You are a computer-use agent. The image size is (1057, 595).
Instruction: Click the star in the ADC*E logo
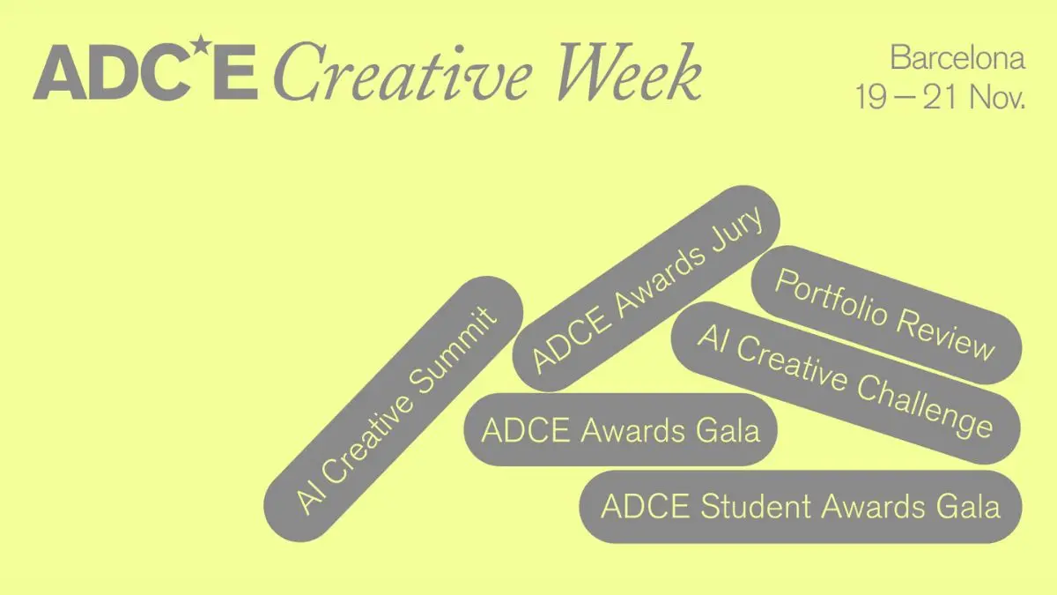(x=202, y=44)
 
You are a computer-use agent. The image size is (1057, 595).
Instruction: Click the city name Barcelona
(x=957, y=58)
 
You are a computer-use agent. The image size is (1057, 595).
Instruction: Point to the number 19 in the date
(x=870, y=98)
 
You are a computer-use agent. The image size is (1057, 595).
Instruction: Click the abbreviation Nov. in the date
(x=997, y=98)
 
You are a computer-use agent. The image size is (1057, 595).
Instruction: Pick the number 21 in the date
(x=940, y=98)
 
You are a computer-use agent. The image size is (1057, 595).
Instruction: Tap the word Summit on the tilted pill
(x=453, y=351)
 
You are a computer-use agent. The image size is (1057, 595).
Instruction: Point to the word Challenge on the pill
(x=925, y=409)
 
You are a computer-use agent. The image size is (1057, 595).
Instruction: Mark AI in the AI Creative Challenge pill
(x=713, y=339)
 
